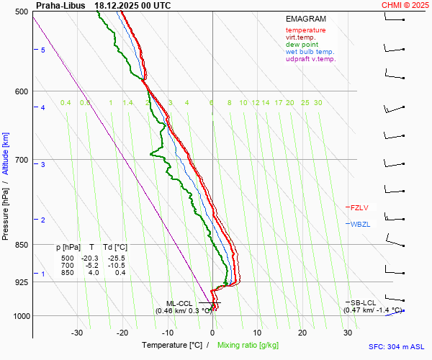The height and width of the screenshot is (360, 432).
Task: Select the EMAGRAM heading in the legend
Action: pyautogui.click(x=305, y=19)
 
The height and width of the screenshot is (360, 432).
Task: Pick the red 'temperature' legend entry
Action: pyautogui.click(x=305, y=30)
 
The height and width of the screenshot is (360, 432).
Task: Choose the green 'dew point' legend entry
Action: pyautogui.click(x=302, y=45)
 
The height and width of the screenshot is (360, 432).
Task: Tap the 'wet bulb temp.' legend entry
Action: pyautogui.click(x=310, y=52)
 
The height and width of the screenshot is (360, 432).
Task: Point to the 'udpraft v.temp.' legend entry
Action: pyautogui.click(x=311, y=59)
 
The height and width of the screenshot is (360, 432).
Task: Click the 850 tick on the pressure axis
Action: pyautogui.click(x=22, y=245)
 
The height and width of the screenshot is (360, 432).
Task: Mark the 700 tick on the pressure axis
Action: pyautogui.click(x=22, y=160)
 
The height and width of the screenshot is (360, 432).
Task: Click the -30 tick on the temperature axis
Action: pyautogui.click(x=77, y=333)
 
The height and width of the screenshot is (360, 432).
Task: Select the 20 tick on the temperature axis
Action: pyautogui.click(x=302, y=333)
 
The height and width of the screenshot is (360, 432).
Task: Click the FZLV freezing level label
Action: pyautogui.click(x=359, y=207)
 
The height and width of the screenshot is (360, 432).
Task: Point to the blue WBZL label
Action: pyautogui.click(x=360, y=224)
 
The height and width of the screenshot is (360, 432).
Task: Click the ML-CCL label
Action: pyautogui.click(x=179, y=303)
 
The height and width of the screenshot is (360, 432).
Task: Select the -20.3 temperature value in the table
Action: pyautogui.click(x=91, y=258)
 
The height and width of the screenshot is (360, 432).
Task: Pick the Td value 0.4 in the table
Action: pyautogui.click(x=120, y=272)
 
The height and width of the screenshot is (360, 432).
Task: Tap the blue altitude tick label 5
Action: pyautogui.click(x=43, y=50)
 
